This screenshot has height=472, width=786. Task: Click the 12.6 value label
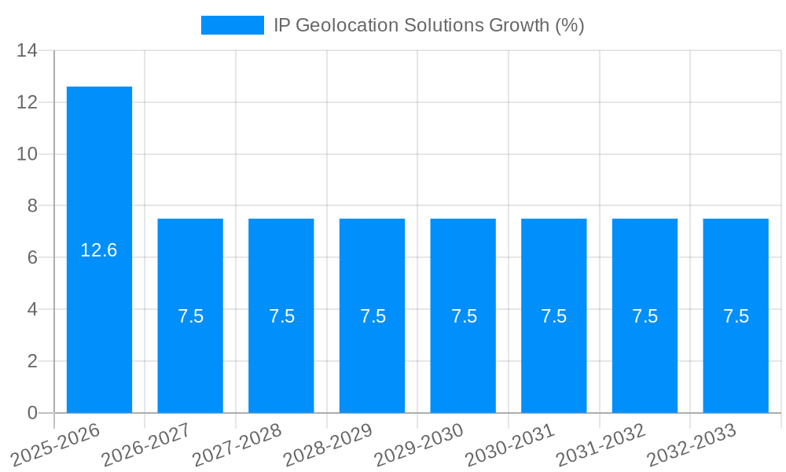(x=99, y=251)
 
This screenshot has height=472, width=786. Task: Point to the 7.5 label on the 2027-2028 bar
(x=281, y=316)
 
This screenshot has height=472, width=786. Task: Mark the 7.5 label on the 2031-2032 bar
(x=645, y=316)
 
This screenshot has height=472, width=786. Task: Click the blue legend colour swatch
(x=233, y=25)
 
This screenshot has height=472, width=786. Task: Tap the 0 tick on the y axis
(x=32, y=413)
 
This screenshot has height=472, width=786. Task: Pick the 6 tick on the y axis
(x=32, y=258)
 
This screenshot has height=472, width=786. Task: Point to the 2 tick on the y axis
(x=32, y=361)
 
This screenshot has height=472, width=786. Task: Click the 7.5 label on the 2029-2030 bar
(x=463, y=316)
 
